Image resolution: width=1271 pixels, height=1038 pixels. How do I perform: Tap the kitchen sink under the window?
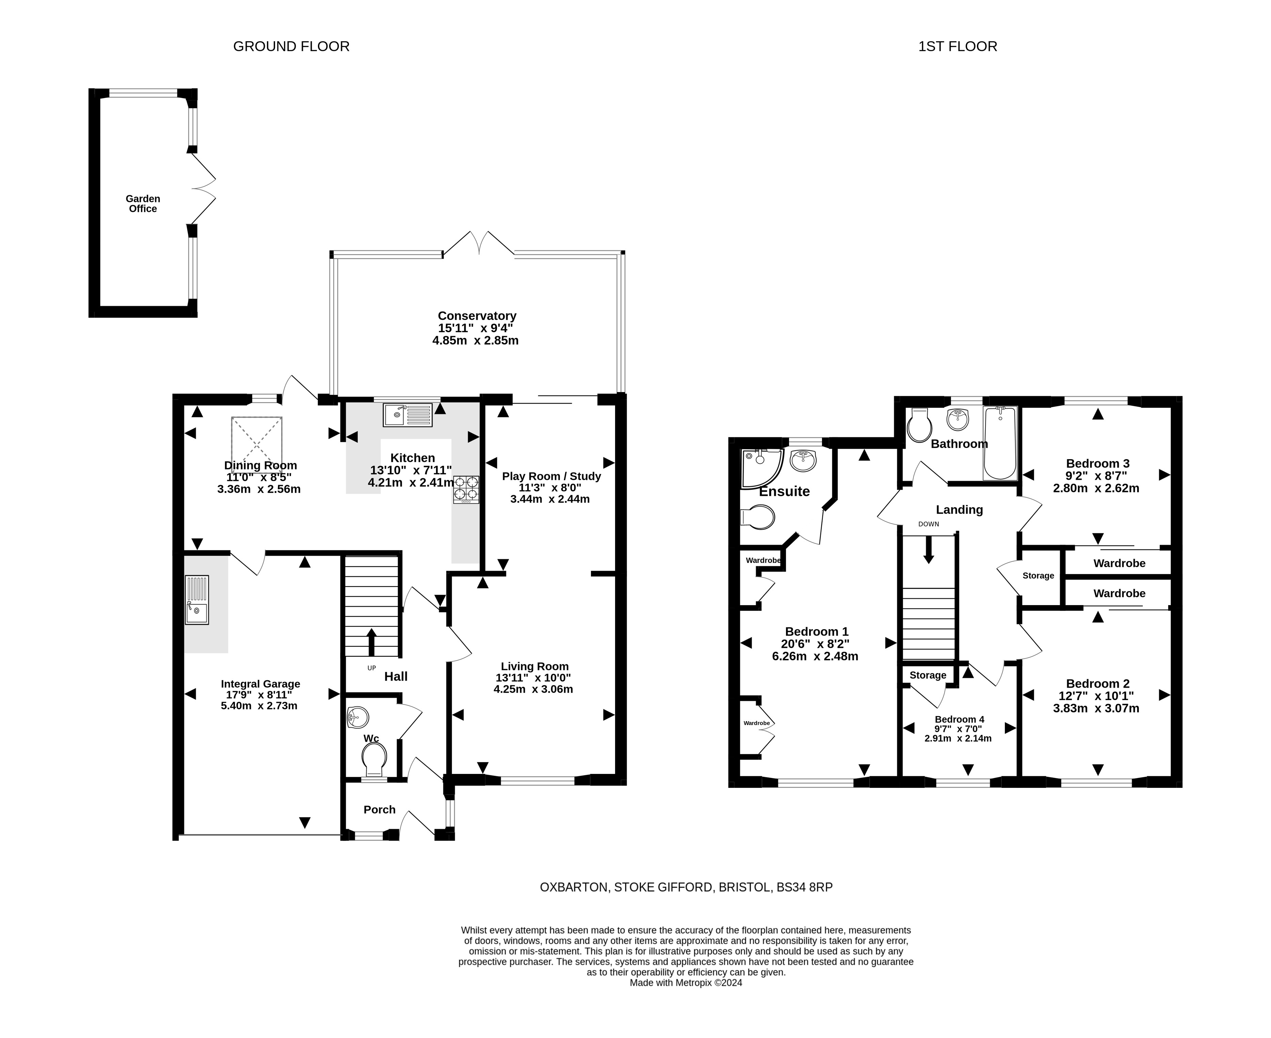(x=408, y=415)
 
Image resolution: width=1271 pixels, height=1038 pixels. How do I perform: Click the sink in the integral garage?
(x=197, y=600)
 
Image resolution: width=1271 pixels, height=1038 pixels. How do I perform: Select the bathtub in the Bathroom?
(x=1000, y=443)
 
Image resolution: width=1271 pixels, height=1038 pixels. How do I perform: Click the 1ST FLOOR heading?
(x=958, y=47)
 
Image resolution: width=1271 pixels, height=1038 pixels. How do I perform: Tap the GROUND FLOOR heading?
(x=291, y=47)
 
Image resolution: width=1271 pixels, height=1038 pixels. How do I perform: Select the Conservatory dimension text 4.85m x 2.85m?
(x=476, y=341)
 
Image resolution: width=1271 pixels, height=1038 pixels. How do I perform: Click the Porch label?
(x=380, y=810)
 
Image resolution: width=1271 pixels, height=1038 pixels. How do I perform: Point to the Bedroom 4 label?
(x=960, y=719)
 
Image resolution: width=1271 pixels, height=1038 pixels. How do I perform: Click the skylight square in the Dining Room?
(x=257, y=445)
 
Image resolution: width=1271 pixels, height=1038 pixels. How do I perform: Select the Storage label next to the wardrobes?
(x=1038, y=576)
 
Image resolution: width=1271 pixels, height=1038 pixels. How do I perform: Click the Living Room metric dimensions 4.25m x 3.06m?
(x=533, y=690)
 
